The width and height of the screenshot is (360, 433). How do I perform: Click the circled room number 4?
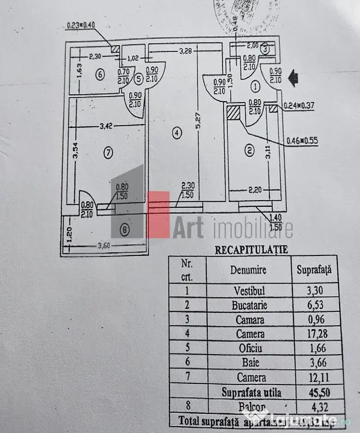tap(177, 134)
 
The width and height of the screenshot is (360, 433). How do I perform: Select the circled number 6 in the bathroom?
tap(100, 73)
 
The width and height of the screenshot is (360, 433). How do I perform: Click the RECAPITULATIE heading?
tap(243, 249)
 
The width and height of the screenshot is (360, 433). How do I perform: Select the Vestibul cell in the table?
tap(248, 291)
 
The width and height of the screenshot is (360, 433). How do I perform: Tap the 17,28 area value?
tap(314, 334)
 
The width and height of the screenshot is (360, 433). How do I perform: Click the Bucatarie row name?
tap(248, 306)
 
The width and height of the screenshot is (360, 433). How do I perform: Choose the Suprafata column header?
tap(314, 269)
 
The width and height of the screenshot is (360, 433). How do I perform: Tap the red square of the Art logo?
tap(158, 214)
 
